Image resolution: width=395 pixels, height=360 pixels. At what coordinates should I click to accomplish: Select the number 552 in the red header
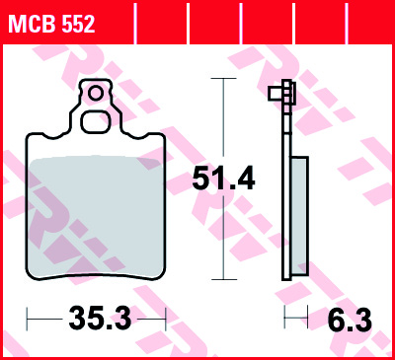point(77,26)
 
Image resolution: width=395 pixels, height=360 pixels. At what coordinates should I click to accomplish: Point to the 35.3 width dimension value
point(99,319)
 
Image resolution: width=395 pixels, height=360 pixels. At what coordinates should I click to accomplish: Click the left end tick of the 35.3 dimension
point(27,319)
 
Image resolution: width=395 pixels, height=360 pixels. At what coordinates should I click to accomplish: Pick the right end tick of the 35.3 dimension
point(166,319)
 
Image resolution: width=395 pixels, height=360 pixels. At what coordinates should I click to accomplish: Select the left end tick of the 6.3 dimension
point(284,319)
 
